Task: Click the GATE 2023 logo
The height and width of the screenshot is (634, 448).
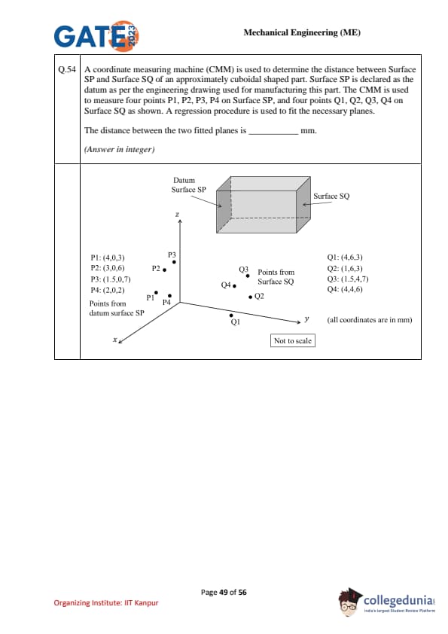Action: tap(96, 36)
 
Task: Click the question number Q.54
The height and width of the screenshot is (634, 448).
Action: tap(67, 69)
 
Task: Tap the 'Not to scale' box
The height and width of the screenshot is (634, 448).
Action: tap(293, 340)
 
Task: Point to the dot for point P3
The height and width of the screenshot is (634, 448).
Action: tap(174, 262)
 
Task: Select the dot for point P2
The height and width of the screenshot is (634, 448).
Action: tap(164, 270)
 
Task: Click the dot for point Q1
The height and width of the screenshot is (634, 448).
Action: tap(231, 315)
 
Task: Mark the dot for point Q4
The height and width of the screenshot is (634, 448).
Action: tap(234, 286)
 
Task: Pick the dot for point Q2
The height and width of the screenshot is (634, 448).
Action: tap(251, 297)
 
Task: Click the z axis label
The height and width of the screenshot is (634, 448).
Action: tap(177, 215)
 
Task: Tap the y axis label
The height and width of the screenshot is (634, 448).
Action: tap(307, 319)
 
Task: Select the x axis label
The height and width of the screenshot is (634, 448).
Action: tap(115, 340)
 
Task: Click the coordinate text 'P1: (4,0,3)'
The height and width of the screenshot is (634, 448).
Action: tap(108, 258)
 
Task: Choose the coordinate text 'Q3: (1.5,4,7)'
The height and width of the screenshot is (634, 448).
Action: tap(348, 279)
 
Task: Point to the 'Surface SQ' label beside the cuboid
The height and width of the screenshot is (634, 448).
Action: tap(331, 196)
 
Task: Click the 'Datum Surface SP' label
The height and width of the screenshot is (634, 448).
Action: tap(188, 184)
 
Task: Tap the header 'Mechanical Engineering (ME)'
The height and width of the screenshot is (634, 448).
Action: tap(302, 32)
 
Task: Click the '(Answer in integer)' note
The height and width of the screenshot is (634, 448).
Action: tap(119, 149)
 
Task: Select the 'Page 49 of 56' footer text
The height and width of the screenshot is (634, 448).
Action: tap(224, 593)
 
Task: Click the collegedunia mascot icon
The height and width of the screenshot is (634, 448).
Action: tap(349, 602)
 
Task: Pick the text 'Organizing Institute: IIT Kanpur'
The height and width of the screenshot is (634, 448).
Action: tap(106, 603)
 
